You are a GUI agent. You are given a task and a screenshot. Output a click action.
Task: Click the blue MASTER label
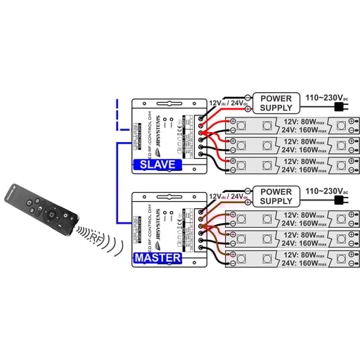(158, 258)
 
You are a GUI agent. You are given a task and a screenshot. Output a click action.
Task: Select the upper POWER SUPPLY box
(276, 103)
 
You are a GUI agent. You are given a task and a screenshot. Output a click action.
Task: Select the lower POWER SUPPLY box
(276, 196)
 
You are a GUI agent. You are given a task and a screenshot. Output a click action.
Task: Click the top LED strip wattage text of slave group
(304, 125)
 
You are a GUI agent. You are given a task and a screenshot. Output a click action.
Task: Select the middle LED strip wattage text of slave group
(304, 145)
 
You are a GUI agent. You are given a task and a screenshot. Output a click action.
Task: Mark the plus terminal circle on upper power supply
(247, 109)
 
